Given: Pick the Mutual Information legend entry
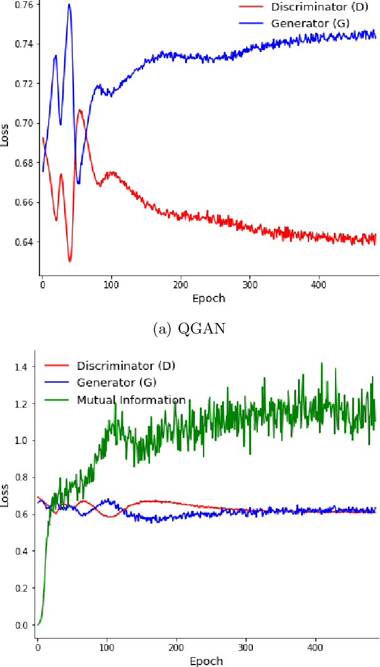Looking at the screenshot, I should [x=131, y=400].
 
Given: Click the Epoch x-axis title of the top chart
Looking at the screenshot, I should [x=208, y=298].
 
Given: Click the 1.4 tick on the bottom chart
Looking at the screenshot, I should [x=20, y=367].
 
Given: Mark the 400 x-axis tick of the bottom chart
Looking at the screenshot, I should [x=316, y=648].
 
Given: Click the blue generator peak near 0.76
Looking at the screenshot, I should [x=69, y=4].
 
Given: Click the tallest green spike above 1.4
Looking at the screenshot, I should [x=321, y=363].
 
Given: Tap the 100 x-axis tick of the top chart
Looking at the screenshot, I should [x=111, y=285].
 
